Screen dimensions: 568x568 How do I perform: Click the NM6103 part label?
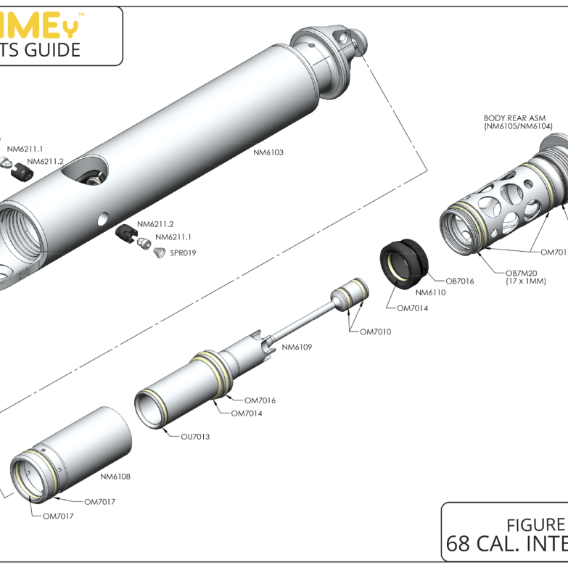click(x=268, y=153)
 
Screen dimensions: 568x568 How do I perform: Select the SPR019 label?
click(x=184, y=253)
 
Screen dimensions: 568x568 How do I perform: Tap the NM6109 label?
click(x=297, y=347)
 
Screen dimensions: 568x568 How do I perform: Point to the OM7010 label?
click(x=376, y=332)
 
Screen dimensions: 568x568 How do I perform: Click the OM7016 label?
click(x=260, y=400)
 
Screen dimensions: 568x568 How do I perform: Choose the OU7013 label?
click(x=195, y=437)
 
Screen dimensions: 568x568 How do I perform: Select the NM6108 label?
click(x=115, y=477)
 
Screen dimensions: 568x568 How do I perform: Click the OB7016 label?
click(x=459, y=281)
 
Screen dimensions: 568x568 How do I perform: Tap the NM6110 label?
click(x=430, y=292)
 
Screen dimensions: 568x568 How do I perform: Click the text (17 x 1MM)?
click(x=522, y=281)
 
